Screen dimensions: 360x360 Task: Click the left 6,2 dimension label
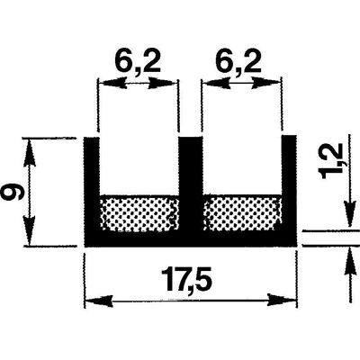pyautogui.click(x=137, y=62)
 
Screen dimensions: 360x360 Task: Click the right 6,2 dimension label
pyautogui.click(x=238, y=62)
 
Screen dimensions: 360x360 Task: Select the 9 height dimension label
pyautogui.click(x=13, y=192)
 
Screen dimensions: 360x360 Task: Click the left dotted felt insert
pyautogui.click(x=139, y=213)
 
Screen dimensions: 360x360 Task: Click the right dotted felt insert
pyautogui.click(x=242, y=213)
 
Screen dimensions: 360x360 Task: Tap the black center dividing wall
pyautogui.click(x=191, y=184)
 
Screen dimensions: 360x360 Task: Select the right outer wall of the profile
pyautogui.click(x=290, y=184)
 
